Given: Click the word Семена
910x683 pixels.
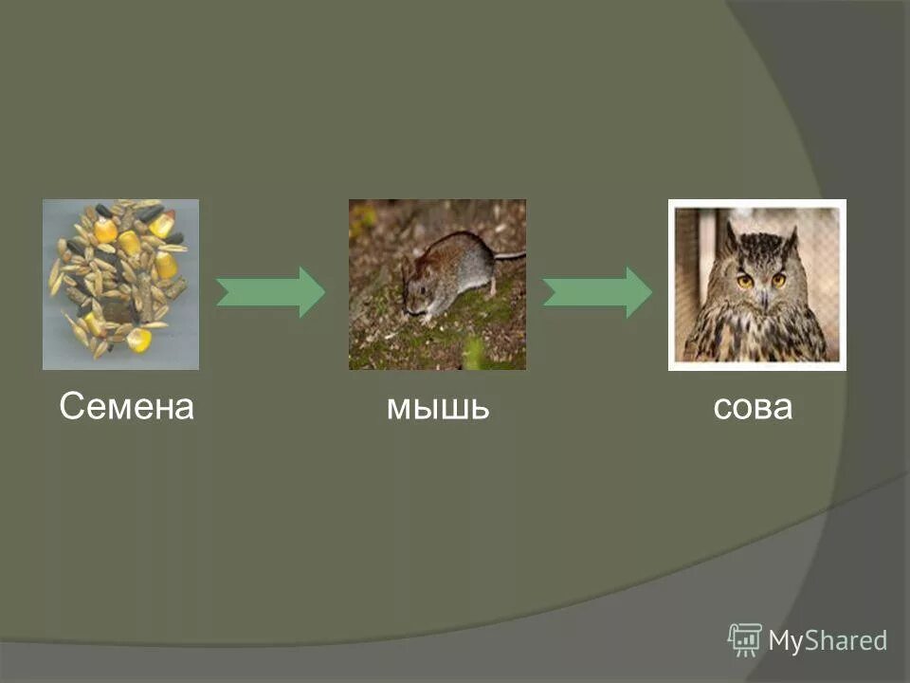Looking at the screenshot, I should coord(126,408).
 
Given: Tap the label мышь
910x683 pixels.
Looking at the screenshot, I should coord(437,408).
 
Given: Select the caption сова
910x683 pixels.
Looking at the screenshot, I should coord(752,408).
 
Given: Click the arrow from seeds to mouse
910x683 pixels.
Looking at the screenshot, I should coord(271,292).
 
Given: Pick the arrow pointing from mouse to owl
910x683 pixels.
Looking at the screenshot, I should coord(597,292).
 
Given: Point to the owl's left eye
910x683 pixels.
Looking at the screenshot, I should coord(744,281).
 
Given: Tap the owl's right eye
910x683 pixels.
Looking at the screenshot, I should coord(778,280).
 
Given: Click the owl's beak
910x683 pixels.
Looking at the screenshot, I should coord(761,296).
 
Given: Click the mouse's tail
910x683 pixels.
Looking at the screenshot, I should coord(509,255).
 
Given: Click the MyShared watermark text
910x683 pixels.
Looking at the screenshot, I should coord(828,640).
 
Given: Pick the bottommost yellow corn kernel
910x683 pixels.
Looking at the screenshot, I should coord(139,340).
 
